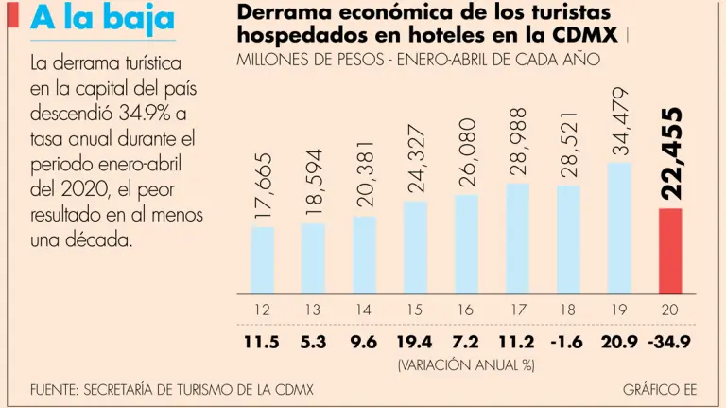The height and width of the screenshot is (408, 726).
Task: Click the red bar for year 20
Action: click(669, 251)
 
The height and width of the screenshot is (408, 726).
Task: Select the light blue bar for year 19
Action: click(619, 228)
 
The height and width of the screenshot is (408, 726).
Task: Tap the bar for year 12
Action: click(263, 260)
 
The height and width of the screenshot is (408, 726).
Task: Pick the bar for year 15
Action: click(415, 247)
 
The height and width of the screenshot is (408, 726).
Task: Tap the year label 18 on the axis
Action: click(568, 310)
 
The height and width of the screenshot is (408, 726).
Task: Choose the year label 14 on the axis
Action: click(364, 310)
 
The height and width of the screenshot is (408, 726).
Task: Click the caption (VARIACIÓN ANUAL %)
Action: click(466, 364)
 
